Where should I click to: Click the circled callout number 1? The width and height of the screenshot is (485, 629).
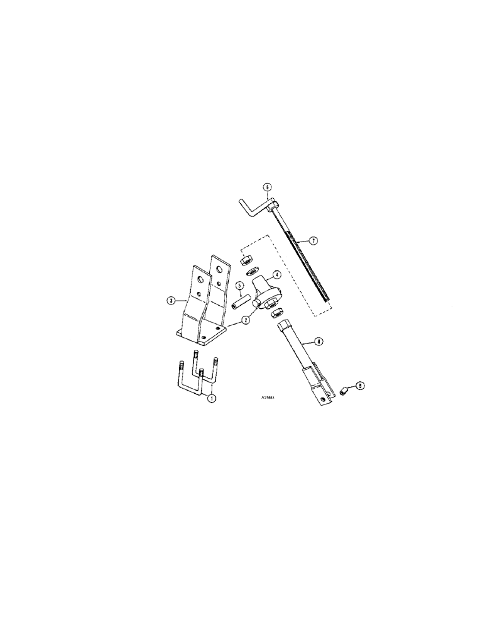click(212, 398)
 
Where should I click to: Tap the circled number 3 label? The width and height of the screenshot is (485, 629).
click(171, 301)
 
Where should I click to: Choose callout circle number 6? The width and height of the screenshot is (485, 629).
click(266, 187)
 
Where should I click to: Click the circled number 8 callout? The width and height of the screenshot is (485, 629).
click(319, 342)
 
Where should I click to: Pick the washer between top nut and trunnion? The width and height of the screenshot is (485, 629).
click(253, 272)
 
